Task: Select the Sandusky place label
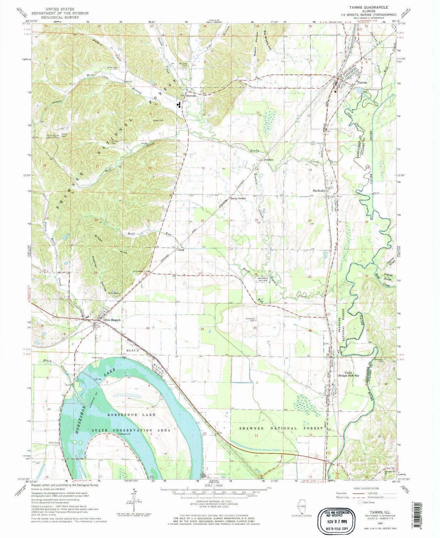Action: click(319, 190)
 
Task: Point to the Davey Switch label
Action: click(238, 198)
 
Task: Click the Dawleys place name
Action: click(268, 160)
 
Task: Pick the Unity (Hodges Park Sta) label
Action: click(348, 374)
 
